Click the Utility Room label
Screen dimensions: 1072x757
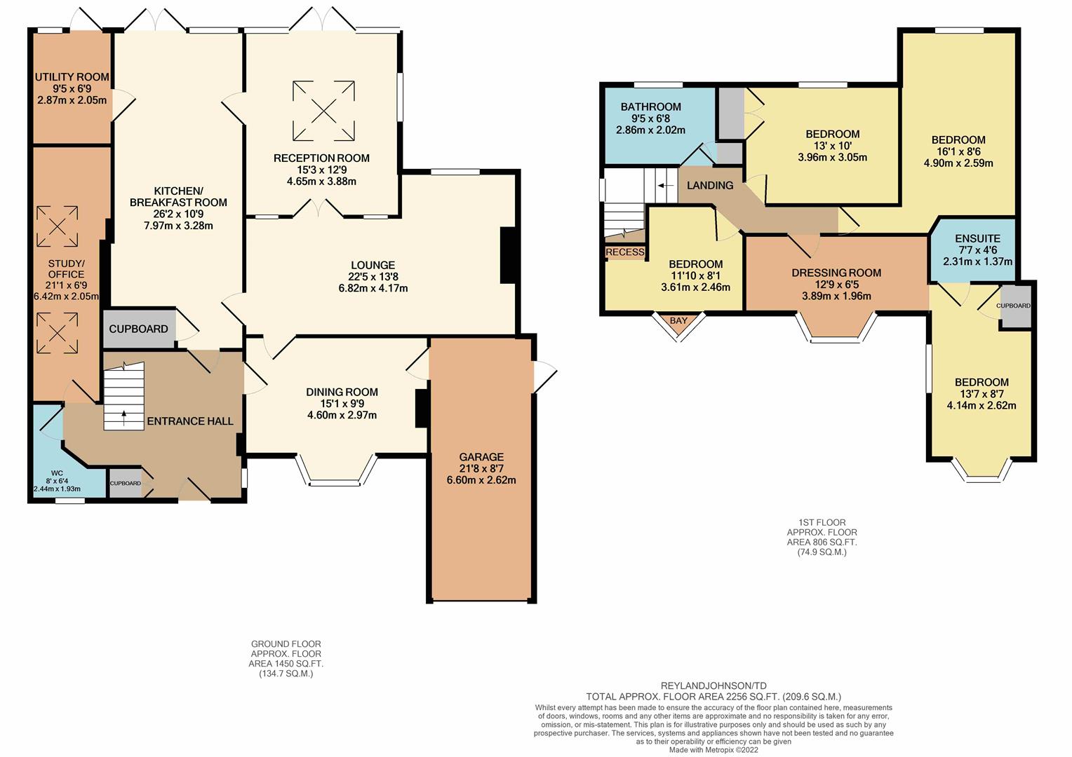tap(72, 77)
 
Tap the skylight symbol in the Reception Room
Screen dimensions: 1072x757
tap(323, 111)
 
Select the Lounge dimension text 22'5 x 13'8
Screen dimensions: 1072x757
tap(373, 276)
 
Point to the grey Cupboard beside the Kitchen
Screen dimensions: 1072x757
tap(140, 329)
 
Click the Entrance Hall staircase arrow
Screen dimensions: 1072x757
tap(124, 418)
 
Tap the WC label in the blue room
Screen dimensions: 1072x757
tap(56, 473)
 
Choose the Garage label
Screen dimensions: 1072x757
tap(481, 457)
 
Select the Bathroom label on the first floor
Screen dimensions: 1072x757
tap(650, 107)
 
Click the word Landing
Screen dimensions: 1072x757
tap(710, 185)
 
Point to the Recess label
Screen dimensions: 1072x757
tap(625, 252)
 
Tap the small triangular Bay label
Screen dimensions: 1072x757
tap(678, 320)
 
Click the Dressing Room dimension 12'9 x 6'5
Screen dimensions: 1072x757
tap(836, 285)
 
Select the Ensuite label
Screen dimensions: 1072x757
tap(977, 238)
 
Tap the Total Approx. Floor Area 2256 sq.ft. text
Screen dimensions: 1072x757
tap(713, 697)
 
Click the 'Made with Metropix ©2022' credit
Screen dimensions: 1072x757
tap(713, 750)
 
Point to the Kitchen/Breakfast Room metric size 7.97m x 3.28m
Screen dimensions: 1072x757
tap(178, 225)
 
